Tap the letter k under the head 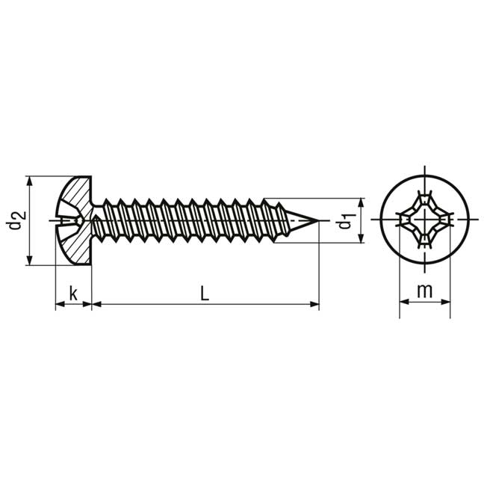click(x=73, y=293)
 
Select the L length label click(x=205, y=293)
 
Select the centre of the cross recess click(x=425, y=220)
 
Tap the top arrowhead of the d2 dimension click(x=29, y=181)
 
